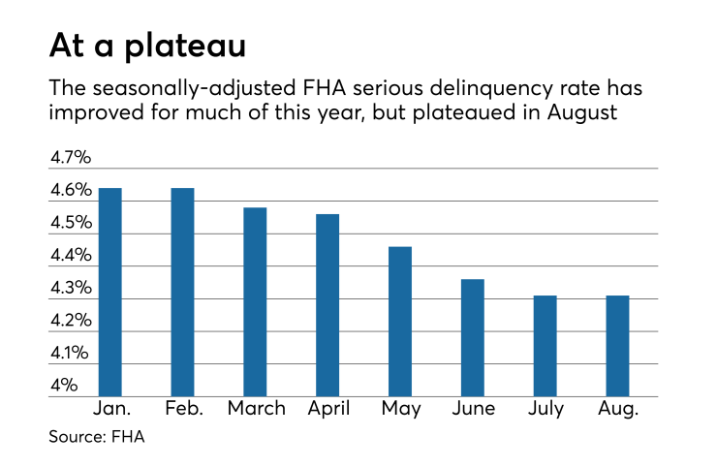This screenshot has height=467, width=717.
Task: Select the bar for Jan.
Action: click(x=110, y=292)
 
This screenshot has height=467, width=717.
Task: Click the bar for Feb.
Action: click(x=183, y=292)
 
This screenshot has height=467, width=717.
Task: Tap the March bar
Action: click(x=255, y=301)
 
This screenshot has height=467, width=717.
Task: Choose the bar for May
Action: click(x=400, y=321)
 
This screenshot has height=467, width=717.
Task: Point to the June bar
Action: click(x=473, y=337)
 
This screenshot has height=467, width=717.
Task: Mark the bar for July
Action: click(x=546, y=346)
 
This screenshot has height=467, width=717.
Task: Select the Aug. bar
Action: click(x=617, y=346)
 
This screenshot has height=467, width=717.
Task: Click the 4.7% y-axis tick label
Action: click(x=70, y=158)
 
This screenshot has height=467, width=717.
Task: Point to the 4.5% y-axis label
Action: click(x=70, y=223)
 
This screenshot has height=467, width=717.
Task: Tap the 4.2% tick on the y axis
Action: click(x=70, y=321)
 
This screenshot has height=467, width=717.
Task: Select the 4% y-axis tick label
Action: click(x=64, y=386)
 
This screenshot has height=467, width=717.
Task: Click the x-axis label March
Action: click(x=256, y=409)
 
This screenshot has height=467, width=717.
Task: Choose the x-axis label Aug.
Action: click(x=618, y=409)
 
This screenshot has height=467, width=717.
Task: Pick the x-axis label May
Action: click(x=400, y=409)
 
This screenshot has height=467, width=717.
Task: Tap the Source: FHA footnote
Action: click(x=97, y=438)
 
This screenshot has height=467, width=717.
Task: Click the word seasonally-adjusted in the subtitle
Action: click(x=181, y=87)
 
